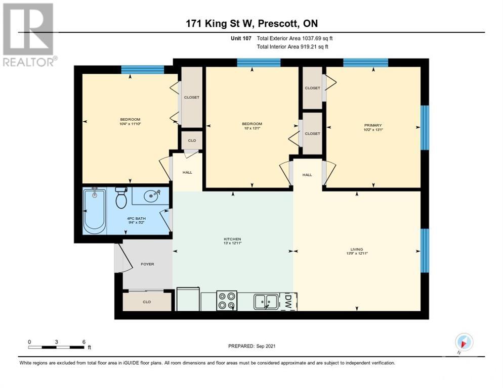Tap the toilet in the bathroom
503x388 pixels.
click(x=121, y=198)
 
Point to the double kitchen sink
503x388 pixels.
click(x=265, y=301)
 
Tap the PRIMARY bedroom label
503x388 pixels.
click(x=372, y=125)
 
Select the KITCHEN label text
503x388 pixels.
click(x=232, y=239)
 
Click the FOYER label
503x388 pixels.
click(x=147, y=264)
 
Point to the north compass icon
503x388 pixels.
click(x=464, y=342)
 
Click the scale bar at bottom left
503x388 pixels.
click(x=57, y=347)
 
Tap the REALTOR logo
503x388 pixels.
click(x=28, y=35)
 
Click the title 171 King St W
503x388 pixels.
click(x=251, y=23)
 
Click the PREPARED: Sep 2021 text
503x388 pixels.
click(x=252, y=346)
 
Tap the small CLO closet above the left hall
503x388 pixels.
click(x=192, y=141)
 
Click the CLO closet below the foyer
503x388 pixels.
click(x=147, y=302)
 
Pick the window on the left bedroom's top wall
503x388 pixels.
click(x=142, y=70)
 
